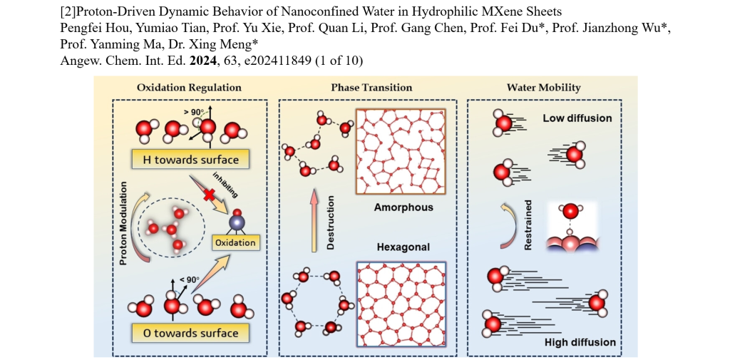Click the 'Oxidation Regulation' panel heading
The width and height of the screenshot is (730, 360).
tap(189, 88)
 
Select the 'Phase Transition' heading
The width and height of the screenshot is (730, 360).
tap(371, 88)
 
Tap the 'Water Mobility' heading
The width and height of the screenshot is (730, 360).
tap(544, 88)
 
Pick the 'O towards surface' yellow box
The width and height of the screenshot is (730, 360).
tap(190, 333)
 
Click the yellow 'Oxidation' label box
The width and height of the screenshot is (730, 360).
tap(235, 242)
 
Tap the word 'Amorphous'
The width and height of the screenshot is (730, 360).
tap(403, 207)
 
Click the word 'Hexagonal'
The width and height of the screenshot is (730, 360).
tap(403, 247)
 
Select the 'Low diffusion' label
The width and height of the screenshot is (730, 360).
tap(577, 118)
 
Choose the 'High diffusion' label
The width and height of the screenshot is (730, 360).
tap(580, 342)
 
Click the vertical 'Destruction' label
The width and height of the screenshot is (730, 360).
tap(330, 222)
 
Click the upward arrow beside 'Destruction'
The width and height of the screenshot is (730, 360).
tap(314, 221)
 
